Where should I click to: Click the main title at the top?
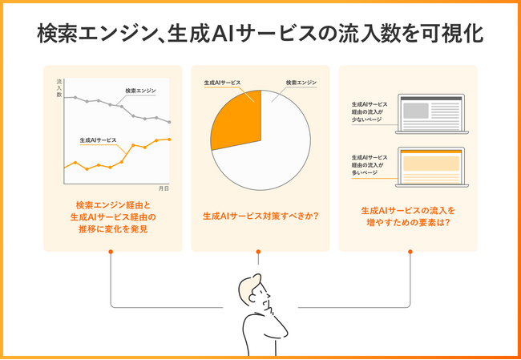[260, 34]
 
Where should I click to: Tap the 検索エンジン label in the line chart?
[140, 91]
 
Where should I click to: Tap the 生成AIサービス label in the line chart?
[98, 140]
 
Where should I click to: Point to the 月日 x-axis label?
[164, 188]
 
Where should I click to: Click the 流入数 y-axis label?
[59, 89]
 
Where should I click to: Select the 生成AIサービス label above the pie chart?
[222, 82]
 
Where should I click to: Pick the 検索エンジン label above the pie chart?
[301, 82]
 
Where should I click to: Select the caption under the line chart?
[111, 216]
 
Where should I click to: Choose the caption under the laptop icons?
[409, 216]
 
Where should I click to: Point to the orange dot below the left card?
[111, 252]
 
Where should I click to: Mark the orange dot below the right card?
[410, 252]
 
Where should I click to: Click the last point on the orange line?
[169, 139]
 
